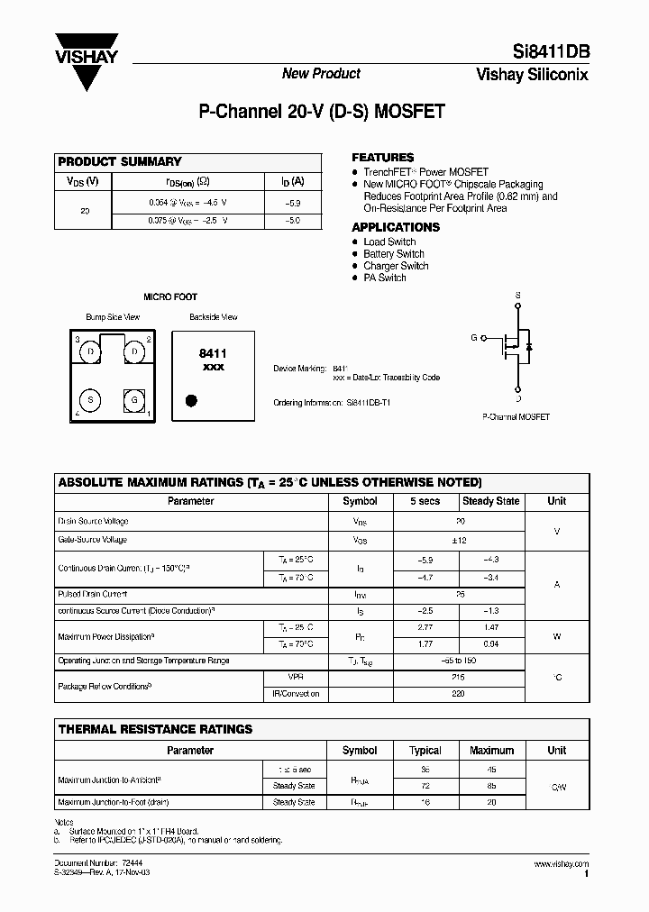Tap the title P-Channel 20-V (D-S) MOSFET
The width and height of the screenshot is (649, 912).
click(321, 113)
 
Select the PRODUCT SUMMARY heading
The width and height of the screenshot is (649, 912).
click(120, 162)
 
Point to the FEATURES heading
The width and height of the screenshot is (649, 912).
click(382, 157)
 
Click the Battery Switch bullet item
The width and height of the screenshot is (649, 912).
click(393, 254)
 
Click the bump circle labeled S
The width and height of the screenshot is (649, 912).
click(90, 399)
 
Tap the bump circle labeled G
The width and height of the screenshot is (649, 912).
click(134, 399)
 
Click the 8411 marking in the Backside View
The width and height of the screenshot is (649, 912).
click(212, 355)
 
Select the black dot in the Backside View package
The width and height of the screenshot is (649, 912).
click(190, 400)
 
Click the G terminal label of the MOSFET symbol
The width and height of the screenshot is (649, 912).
click(474, 338)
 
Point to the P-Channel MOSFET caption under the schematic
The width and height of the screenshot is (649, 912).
click(516, 417)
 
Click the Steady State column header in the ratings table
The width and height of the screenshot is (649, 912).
click(490, 501)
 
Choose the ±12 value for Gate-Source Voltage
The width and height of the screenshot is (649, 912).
click(460, 540)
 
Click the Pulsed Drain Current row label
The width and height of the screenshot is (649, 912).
click(93, 595)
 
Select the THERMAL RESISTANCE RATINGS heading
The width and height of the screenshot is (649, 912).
click(155, 729)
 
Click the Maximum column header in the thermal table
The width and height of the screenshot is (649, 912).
click(491, 751)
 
